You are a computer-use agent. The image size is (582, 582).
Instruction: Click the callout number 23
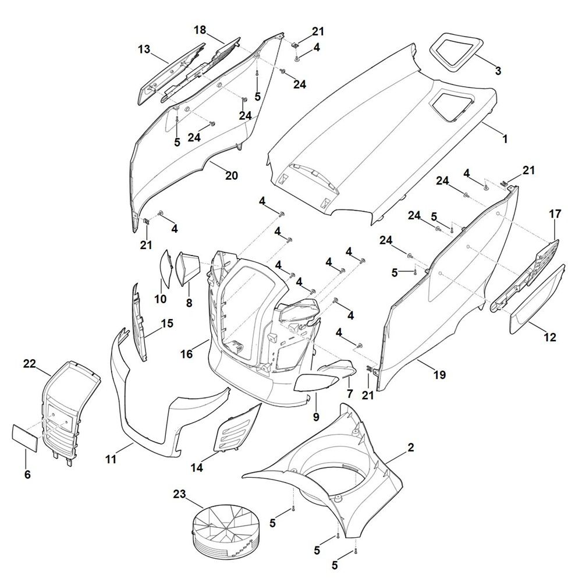point(179,494)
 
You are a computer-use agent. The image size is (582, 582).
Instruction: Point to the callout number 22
point(30,364)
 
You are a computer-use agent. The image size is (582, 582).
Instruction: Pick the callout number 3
point(498,71)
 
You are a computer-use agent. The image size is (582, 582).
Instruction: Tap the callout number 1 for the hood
point(505,140)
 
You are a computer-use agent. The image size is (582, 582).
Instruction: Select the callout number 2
point(411,448)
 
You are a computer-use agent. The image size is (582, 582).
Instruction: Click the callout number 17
point(555,214)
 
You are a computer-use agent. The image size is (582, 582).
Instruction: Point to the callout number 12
point(550,337)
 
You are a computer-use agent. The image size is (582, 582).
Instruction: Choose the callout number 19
point(439,375)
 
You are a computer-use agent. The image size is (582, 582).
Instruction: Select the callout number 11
point(111,460)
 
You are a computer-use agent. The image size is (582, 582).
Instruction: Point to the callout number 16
point(186,354)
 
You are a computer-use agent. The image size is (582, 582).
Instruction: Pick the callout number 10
point(160,299)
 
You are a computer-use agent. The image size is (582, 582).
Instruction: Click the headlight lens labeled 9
point(318,383)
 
